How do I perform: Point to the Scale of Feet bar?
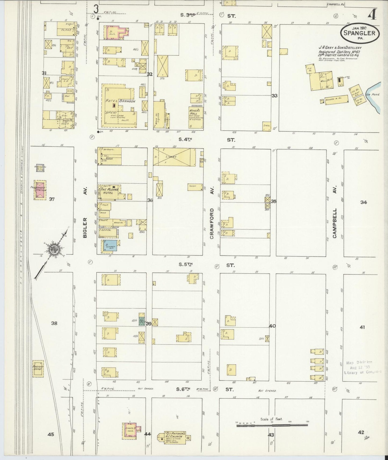[272, 425]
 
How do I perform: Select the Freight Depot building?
[38, 369]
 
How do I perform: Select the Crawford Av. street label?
[211, 223]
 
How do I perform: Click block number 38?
[54, 323]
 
